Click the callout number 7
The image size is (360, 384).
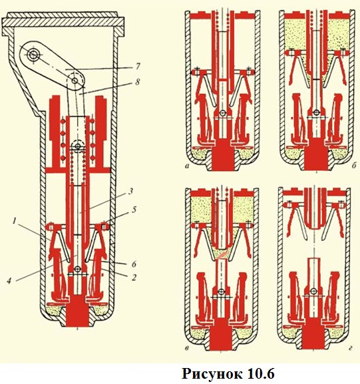pos(138,66)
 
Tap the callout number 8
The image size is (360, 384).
pos(138,82)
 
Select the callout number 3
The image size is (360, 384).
pos(130,191)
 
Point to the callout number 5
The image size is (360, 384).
pos(133,210)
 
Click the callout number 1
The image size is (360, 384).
pos(14,222)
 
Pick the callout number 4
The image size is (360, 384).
pos(9,281)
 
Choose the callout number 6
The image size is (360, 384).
pos(134,264)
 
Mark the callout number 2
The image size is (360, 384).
pos(134,278)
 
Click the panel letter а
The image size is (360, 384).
pos(188,166)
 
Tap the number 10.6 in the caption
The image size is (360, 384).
pos(260,374)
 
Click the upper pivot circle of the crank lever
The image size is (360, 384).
pos(33,55)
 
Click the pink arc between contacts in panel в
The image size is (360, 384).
pos(222,255)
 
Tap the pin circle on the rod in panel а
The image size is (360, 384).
pos(223,113)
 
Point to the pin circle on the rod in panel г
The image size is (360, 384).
pos(313,291)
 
